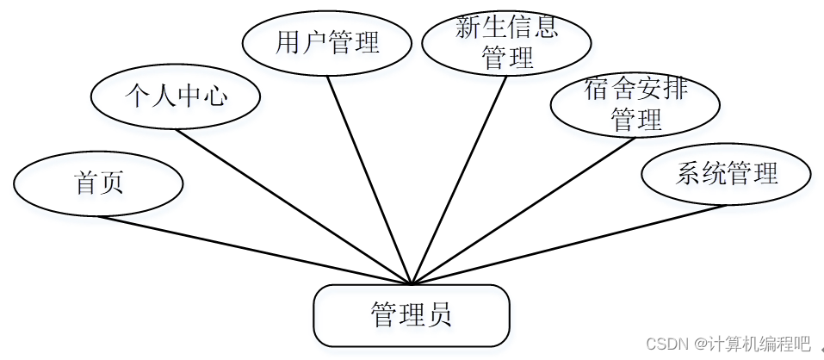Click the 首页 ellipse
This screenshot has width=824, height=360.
[x=98, y=183]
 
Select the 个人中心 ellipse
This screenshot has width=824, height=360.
[x=176, y=96]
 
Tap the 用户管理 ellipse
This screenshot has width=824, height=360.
[x=327, y=42]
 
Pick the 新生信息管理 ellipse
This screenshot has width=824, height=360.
[x=506, y=42]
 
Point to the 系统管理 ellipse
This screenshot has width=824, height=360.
[x=727, y=174]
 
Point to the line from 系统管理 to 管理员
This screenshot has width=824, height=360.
[x=568, y=245]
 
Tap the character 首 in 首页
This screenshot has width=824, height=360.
[x=86, y=183]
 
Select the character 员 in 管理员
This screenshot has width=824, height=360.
[x=438, y=315]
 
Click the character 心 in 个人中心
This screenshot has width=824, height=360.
[x=215, y=96]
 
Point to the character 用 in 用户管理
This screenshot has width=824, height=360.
[x=288, y=42]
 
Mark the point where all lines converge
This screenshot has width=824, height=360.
[x=412, y=283]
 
